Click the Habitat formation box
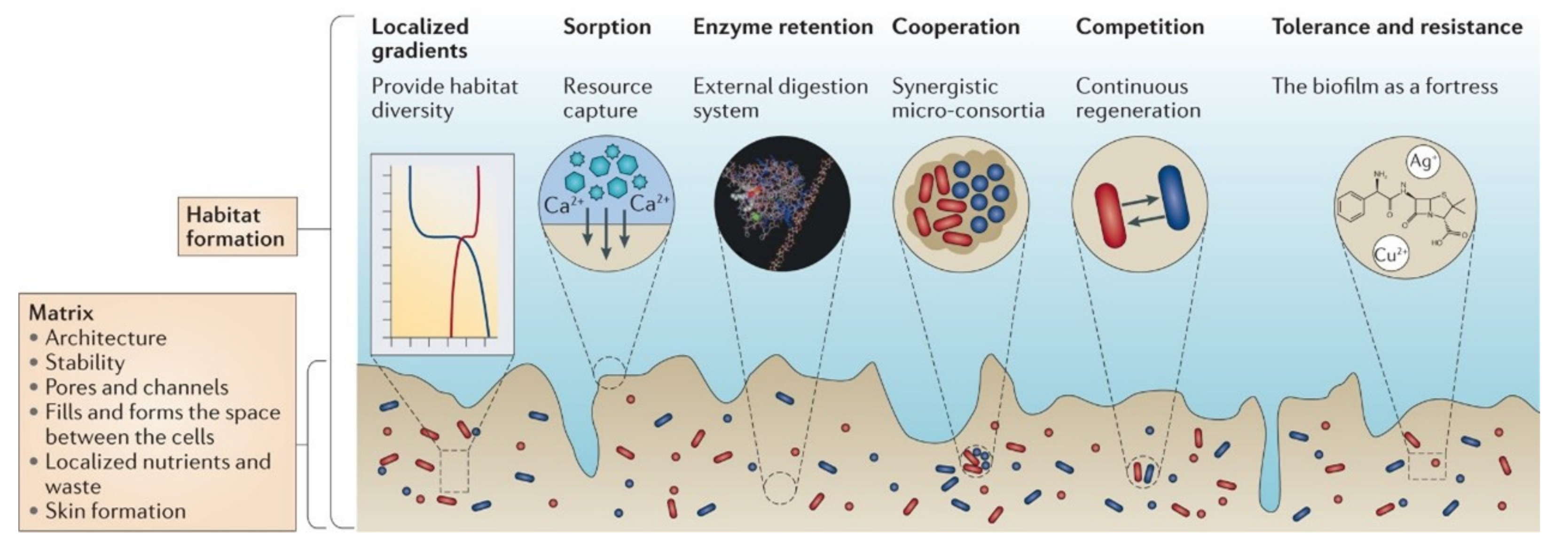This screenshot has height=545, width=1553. tap(236, 226)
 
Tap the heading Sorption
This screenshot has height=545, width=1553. tap(606, 27)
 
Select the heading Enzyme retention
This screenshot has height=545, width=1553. tap(782, 27)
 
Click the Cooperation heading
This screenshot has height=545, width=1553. tap(955, 27)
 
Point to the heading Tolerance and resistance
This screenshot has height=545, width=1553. tap(1396, 27)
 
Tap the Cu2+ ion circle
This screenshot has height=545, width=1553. tap(1389, 255)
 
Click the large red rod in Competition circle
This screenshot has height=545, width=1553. tap(1110, 215)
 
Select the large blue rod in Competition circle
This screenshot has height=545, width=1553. tap(1173, 198)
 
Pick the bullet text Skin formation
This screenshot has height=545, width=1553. tap(115, 511)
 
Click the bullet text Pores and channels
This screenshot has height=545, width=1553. tap(136, 387)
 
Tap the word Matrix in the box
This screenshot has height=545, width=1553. tap(61, 313)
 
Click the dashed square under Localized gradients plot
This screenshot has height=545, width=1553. tap(454, 471)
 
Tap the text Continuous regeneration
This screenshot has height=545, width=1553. tap(1137, 99)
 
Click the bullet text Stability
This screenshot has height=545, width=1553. tap(85, 362)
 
